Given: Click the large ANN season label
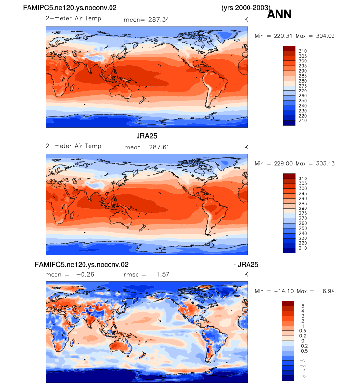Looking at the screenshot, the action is [279, 14].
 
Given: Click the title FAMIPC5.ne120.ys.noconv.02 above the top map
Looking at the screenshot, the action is [70, 8].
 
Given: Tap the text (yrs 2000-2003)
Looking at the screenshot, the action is [246, 8].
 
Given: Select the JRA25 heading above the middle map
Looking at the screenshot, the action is [146, 136].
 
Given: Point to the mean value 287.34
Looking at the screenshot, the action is [159, 20].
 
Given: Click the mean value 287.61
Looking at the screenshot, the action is [159, 147].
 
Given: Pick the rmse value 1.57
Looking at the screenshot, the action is [163, 275].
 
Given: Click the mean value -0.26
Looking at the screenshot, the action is [85, 275].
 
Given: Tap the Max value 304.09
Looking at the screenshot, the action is [326, 36].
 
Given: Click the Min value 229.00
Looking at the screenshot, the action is [283, 164].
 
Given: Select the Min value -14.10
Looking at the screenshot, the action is [283, 291].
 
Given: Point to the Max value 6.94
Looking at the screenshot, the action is [329, 291].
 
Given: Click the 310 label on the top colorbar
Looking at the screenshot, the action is [303, 51].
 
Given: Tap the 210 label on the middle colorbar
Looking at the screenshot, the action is [303, 248].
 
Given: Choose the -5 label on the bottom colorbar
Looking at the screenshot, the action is [303, 376].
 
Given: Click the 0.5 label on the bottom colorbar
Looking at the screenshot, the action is [303, 331].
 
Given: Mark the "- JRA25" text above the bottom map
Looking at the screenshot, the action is [246, 265].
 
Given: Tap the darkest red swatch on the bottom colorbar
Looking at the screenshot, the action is [288, 303].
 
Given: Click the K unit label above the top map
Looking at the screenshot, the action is [246, 20].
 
